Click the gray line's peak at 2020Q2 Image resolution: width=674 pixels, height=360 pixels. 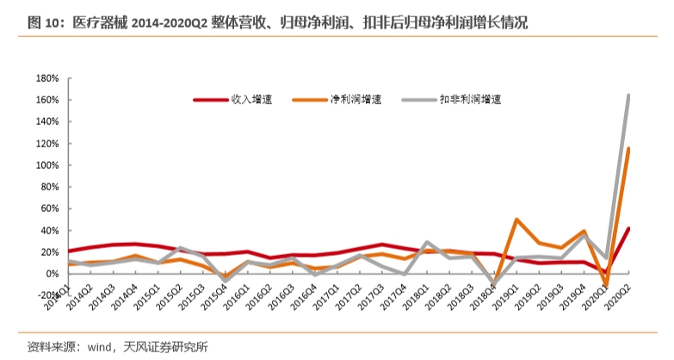[629, 96]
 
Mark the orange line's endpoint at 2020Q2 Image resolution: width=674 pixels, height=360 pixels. [629, 149]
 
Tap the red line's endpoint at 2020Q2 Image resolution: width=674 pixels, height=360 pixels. [629, 228]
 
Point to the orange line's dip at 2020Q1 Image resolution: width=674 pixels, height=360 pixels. [607, 285]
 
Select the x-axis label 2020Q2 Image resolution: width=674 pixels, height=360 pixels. [620, 289]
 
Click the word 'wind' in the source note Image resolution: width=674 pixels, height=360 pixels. [96, 347]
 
